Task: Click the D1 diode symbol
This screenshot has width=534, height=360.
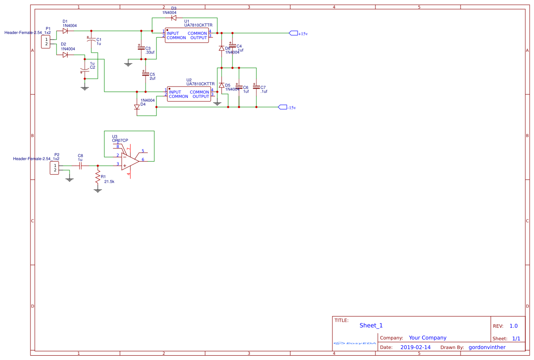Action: tap(65, 31)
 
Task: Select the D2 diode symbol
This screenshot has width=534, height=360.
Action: tap(65, 55)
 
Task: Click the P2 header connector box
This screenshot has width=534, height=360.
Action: tap(55, 168)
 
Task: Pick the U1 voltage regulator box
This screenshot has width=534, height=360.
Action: tap(187, 35)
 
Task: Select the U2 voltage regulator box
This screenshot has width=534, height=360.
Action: tap(189, 94)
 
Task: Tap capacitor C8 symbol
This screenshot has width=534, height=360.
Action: tap(80, 166)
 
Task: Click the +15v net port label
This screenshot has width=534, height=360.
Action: tap(294, 33)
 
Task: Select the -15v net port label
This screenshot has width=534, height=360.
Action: tap(282, 107)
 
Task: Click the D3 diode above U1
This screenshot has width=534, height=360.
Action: tap(174, 18)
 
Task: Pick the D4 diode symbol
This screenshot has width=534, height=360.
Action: tap(137, 107)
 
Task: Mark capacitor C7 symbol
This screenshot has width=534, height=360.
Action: tap(256, 87)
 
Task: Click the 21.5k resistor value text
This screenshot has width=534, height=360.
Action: tap(109, 182)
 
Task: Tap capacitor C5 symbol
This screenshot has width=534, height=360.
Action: tap(146, 74)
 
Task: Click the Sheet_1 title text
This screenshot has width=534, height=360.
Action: tap(371, 325)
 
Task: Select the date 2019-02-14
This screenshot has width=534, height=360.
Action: tap(415, 347)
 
